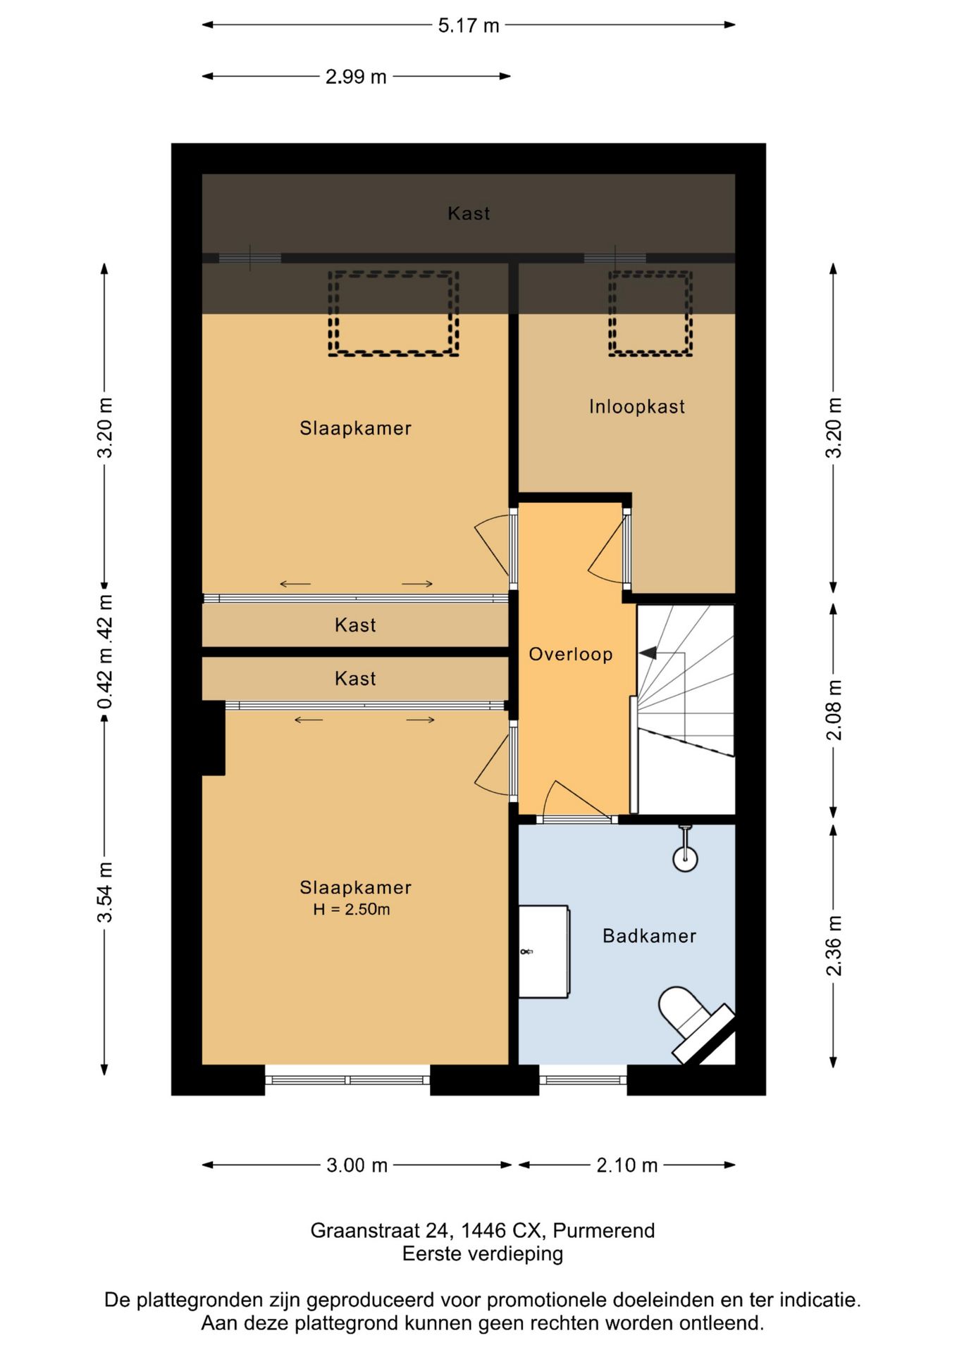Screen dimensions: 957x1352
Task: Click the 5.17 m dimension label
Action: coord(469,25)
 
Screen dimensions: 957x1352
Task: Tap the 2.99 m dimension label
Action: coord(356,76)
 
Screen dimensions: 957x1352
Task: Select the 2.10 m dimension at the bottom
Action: coord(627,1165)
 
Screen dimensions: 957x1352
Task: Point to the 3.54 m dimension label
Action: coord(105,891)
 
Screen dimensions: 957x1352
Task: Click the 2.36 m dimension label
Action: coord(834,945)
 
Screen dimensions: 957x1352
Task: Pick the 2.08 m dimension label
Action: coord(834,710)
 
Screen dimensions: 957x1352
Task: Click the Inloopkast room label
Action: coord(637,406)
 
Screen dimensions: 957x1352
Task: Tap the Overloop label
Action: coord(571,654)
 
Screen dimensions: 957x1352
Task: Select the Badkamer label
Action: coord(650,936)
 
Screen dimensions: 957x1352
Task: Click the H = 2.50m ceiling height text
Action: coord(352,909)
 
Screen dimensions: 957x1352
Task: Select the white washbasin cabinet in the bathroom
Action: coord(544,951)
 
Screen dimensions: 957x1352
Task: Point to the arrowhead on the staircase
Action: coord(648,653)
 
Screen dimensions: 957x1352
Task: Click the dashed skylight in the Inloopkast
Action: coord(650,313)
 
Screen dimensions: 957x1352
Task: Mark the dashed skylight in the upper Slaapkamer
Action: coord(393,313)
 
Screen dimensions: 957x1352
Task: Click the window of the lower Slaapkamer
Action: coord(347,1079)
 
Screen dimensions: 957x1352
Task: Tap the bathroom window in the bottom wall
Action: coord(583,1079)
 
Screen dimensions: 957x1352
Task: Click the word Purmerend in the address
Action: coord(604,1231)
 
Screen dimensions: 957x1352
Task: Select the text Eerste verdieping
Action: coord(483,1254)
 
